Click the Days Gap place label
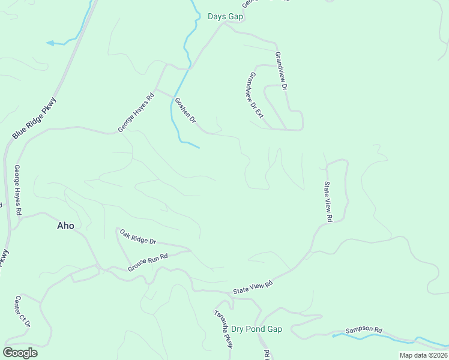225,16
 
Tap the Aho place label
65,226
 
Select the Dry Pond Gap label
256,329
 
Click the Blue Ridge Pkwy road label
34,119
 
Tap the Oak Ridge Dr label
137,236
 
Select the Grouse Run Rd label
147,263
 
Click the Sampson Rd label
364,330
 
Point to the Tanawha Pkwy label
223,329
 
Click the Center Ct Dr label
23,311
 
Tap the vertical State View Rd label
328,202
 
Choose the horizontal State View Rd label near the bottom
253,287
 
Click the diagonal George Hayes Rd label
136,112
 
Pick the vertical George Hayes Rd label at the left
18,190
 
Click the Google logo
20,353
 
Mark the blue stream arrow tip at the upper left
48,43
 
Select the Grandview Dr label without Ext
282,71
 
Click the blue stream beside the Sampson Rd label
360,337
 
